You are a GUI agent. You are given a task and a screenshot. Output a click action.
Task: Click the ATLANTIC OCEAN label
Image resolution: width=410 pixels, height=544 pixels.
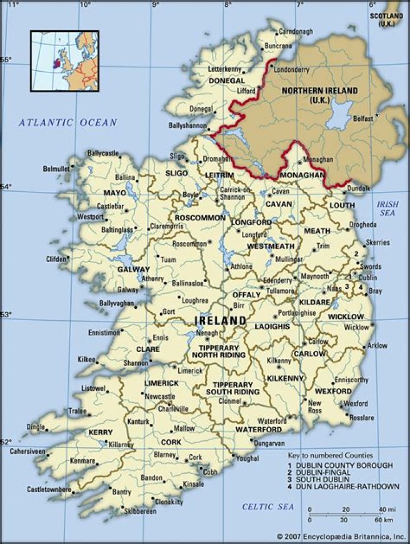(x=67, y=122)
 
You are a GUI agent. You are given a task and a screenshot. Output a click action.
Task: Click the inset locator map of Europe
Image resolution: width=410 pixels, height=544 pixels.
(x=64, y=61)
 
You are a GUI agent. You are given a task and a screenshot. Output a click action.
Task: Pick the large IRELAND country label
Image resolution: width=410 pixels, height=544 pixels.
(x=220, y=321)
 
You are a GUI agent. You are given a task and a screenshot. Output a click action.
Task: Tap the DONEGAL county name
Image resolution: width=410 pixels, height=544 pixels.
(x=226, y=81)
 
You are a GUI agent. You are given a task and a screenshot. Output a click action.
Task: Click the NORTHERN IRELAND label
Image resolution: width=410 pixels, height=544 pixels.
(x=320, y=95)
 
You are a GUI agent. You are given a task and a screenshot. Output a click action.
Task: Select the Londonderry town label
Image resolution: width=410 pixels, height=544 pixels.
(x=292, y=69)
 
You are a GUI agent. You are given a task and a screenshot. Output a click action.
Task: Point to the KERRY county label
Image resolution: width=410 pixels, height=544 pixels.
(x=100, y=433)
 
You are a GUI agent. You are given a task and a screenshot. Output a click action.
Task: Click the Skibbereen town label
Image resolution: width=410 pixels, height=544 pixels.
(x=136, y=512)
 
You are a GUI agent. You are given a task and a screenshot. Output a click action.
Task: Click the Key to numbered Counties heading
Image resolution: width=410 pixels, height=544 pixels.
(x=330, y=455)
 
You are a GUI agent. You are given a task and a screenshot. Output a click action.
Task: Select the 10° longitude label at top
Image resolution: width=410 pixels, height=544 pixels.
(x=85, y=5)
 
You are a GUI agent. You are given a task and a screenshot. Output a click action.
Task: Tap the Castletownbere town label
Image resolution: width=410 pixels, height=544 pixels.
(x=49, y=489)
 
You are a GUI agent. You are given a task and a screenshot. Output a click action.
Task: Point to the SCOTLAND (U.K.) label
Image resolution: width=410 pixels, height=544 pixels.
(x=389, y=20)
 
